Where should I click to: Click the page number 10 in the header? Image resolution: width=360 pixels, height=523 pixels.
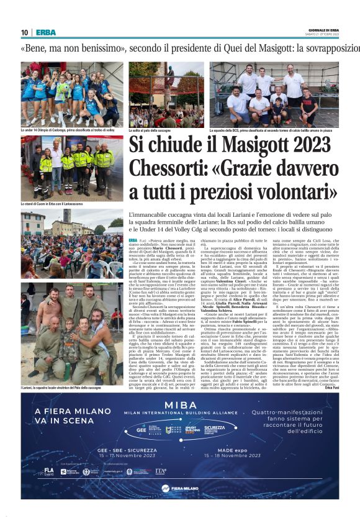[25, 32]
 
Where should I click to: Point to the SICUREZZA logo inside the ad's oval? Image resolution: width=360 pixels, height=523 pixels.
[215, 429]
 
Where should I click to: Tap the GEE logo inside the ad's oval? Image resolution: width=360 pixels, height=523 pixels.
[142, 429]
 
